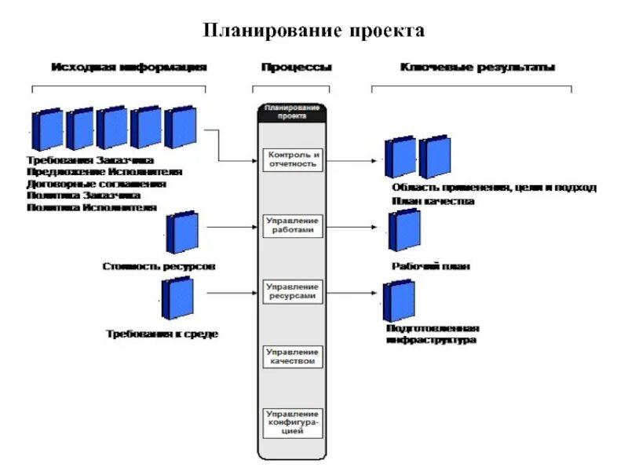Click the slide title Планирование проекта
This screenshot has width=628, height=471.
pos(314,31)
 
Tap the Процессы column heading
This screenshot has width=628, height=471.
pos(296,68)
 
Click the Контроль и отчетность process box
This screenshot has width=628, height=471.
pos(292,159)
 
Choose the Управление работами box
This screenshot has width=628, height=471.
pos(292,226)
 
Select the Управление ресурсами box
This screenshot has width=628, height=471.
pos(292,291)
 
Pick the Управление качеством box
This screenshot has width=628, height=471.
pos(292,357)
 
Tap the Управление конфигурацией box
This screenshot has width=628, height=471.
pos(292,422)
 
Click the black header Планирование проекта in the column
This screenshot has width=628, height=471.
pos(292,111)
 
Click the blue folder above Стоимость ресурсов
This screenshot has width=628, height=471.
pos(182,233)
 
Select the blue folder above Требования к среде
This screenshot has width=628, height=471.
pos(177,299)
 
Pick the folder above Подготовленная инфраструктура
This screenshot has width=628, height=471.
pos(399,300)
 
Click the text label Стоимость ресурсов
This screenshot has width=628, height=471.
pos(159,266)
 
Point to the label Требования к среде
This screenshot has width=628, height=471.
pos(162,334)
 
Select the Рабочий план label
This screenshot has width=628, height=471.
pos(431,267)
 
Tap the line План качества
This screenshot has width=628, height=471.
pos(433,201)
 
